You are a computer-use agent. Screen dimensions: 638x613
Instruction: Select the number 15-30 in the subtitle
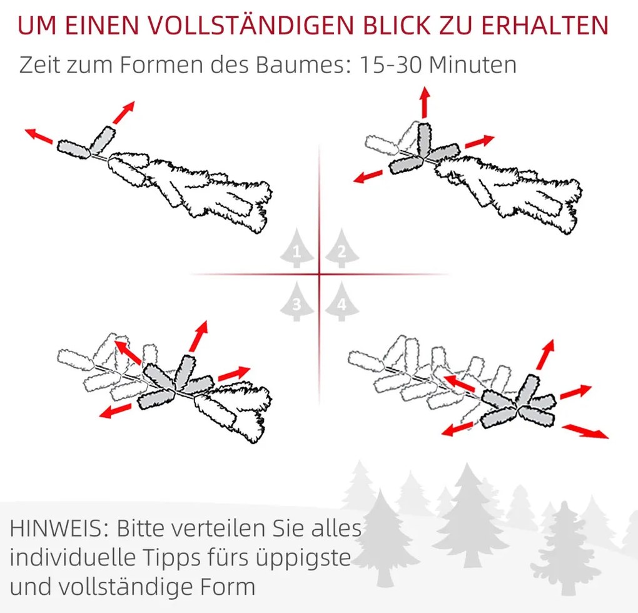tap(391, 64)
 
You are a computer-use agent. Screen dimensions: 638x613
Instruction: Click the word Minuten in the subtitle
tap(473, 64)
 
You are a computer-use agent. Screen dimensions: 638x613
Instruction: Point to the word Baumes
tap(303, 64)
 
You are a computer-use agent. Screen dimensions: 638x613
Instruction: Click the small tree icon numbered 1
tap(297, 248)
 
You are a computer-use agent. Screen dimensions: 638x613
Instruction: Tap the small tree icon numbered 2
tap(342, 248)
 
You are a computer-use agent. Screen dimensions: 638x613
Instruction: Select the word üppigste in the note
tap(304, 559)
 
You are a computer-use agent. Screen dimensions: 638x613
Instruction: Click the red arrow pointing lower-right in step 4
tap(585, 431)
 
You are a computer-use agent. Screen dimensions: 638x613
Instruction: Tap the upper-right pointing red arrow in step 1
tap(123, 113)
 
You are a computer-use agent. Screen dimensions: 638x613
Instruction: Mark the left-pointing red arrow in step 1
tap(39, 136)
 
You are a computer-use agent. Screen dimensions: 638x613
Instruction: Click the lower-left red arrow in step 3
tap(116, 411)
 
